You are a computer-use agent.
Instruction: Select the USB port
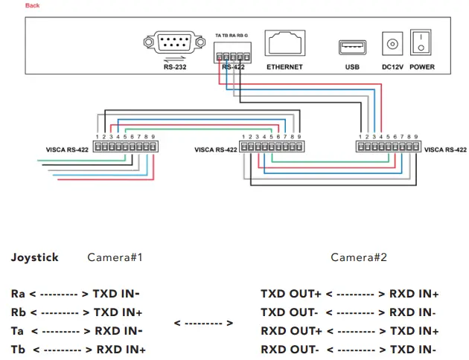point(351,47)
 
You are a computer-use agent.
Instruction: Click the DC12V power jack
point(392,45)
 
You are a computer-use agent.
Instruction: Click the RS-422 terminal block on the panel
point(232,54)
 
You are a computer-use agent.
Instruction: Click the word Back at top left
point(33,5)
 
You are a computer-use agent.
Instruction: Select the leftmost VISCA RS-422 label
point(68,150)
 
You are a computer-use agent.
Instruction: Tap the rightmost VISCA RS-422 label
point(446,150)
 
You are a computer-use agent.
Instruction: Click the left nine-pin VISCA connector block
point(124,147)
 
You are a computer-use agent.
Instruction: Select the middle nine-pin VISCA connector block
point(271,147)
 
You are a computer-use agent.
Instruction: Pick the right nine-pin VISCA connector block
point(388,147)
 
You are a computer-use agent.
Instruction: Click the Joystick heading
point(34,257)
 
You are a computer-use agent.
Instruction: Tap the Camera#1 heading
point(115,257)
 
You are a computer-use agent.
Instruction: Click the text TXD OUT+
point(291,295)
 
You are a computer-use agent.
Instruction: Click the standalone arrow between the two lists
point(203,323)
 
